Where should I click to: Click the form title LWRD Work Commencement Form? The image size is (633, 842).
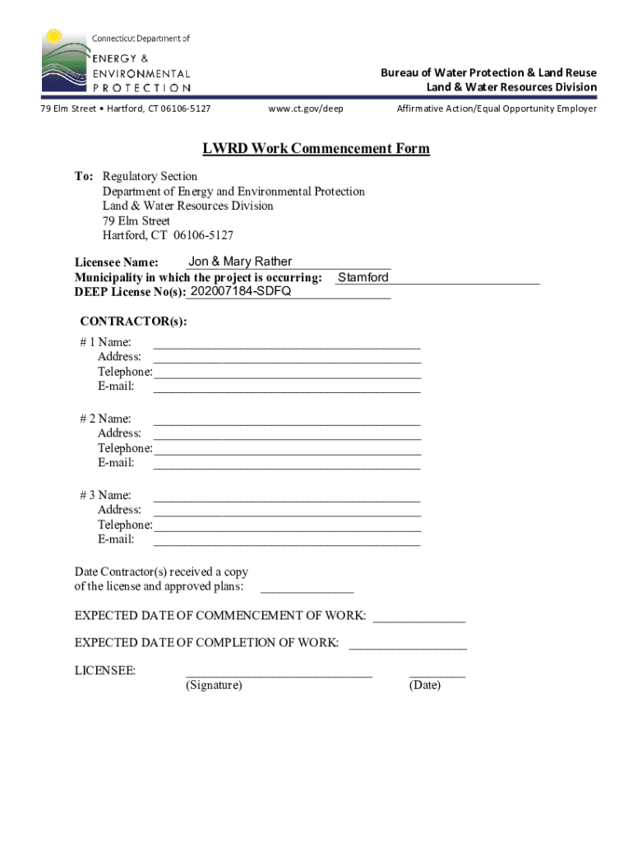click(x=316, y=149)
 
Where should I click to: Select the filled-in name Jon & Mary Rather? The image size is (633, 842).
click(x=240, y=261)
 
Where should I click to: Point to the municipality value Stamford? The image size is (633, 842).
click(x=363, y=278)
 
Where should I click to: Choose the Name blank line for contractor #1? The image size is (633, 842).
click(x=287, y=345)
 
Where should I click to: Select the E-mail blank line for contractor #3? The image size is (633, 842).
click(x=287, y=543)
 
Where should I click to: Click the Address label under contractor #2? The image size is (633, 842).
click(x=119, y=433)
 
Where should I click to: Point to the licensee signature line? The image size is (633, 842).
click(x=279, y=673)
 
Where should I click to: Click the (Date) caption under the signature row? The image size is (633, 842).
click(x=424, y=685)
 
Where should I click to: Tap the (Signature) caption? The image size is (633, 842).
click(x=214, y=685)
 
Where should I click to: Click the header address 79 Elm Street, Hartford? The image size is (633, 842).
click(x=126, y=109)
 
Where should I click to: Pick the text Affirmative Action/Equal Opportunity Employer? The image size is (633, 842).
click(x=497, y=109)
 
